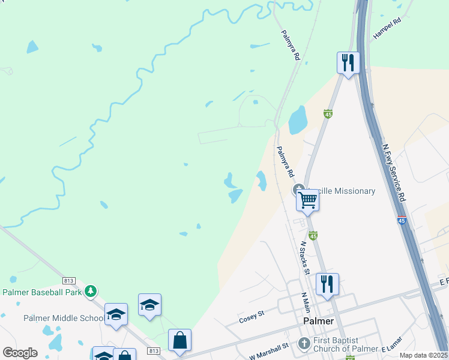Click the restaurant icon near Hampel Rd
coord(348,62)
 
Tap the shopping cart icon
coord(308,199)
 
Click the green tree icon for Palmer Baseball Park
coord(91,291)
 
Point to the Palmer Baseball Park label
coord(42,292)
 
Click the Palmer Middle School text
coord(63,318)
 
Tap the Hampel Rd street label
coord(387,29)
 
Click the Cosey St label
coord(252,316)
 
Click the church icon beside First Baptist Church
coord(305,344)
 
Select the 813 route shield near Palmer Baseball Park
coord(68,281)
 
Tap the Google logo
coord(20,352)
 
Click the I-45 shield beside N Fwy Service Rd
coord(402,221)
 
